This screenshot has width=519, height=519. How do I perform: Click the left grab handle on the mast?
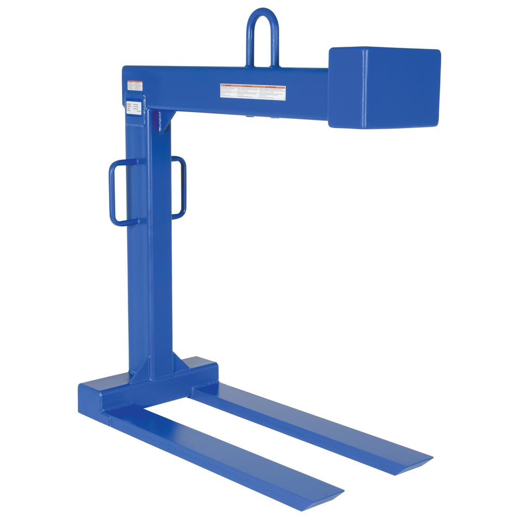[x=119, y=193]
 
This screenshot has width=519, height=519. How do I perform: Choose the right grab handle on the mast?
[x=179, y=187]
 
